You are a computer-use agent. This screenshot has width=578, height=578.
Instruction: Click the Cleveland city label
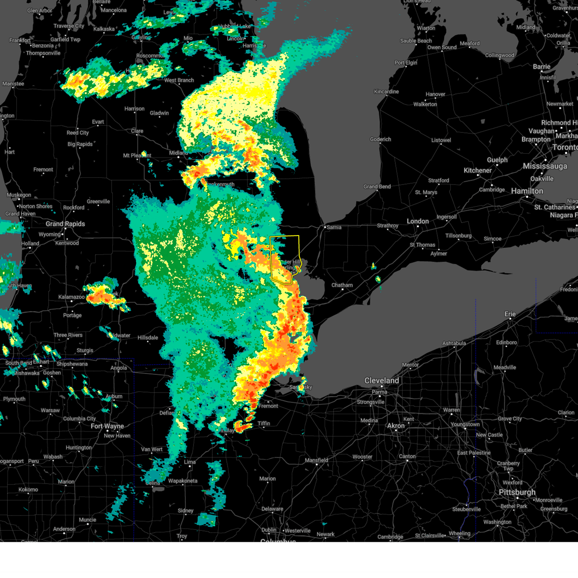(x=381, y=381)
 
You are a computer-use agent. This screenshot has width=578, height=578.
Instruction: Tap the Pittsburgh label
(x=517, y=492)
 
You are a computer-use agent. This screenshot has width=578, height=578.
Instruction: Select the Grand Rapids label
(x=65, y=224)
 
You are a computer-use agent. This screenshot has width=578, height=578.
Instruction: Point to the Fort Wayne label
(x=107, y=426)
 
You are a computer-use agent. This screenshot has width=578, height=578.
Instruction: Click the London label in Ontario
(x=418, y=221)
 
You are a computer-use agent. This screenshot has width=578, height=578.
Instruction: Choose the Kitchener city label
(x=477, y=171)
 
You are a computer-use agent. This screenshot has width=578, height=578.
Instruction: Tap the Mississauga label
(x=545, y=166)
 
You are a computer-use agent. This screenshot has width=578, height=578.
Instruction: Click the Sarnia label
(x=334, y=227)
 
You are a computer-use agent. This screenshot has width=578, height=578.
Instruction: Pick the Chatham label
(x=342, y=285)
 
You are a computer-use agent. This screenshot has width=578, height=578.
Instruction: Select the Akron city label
(x=396, y=426)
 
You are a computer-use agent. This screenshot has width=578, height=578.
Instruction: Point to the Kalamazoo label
(x=72, y=297)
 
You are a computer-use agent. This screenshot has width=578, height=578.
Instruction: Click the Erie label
(x=510, y=314)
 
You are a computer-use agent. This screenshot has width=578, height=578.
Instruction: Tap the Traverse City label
(x=69, y=26)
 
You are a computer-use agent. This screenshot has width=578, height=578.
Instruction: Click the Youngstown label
(x=465, y=424)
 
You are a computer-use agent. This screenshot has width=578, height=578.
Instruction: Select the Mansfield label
(x=316, y=460)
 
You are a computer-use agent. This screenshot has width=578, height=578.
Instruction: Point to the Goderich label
(x=381, y=140)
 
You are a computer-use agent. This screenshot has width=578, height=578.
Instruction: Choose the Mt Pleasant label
(x=137, y=156)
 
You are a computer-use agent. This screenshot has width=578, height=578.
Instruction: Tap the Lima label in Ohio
(x=190, y=462)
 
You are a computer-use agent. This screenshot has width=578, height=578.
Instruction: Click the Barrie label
(x=541, y=67)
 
